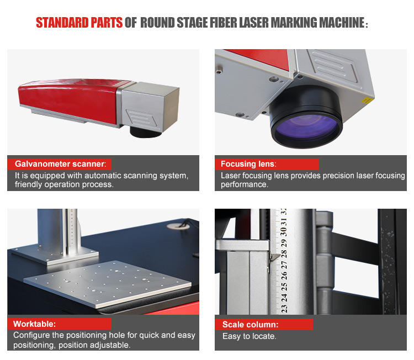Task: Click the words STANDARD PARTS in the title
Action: (79, 23)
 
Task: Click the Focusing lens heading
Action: (248, 164)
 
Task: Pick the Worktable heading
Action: (35, 324)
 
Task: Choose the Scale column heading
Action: (250, 324)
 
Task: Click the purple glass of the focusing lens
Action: (306, 128)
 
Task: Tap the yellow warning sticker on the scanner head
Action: (367, 100)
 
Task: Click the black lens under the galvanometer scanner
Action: (146, 132)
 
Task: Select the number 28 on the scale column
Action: (284, 254)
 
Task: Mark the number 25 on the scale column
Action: (284, 287)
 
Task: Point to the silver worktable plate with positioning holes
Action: (108, 284)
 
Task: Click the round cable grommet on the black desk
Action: (178, 226)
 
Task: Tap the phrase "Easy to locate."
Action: (250, 336)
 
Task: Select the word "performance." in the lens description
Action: (245, 184)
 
